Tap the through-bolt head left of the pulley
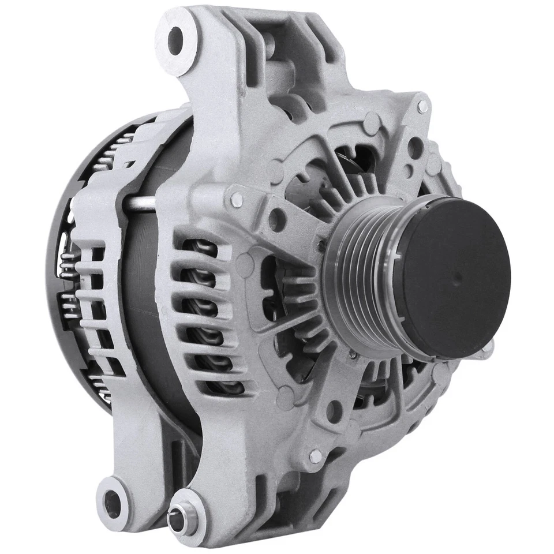coord(237,200)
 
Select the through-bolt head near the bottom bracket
coord(316,456)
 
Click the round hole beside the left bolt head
coord(277,220)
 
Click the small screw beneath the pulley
coord(353,355)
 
